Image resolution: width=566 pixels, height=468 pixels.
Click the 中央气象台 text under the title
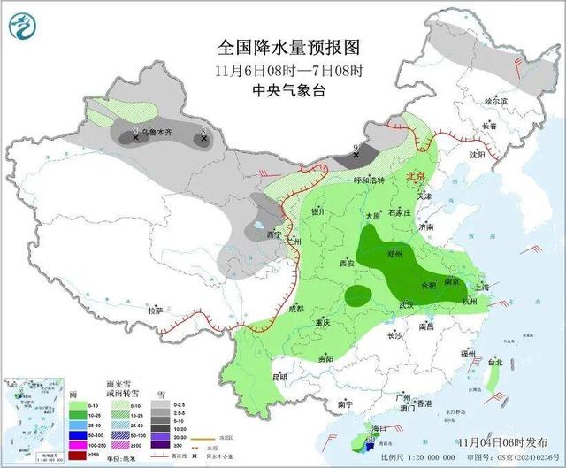point(283,90)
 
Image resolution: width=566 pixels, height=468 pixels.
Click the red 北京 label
point(416,177)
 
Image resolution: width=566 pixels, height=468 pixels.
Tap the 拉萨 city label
point(156,311)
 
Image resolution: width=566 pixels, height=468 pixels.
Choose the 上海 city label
point(482,287)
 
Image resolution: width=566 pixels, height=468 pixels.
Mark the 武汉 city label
point(407,304)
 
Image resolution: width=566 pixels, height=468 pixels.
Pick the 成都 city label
point(295,309)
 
